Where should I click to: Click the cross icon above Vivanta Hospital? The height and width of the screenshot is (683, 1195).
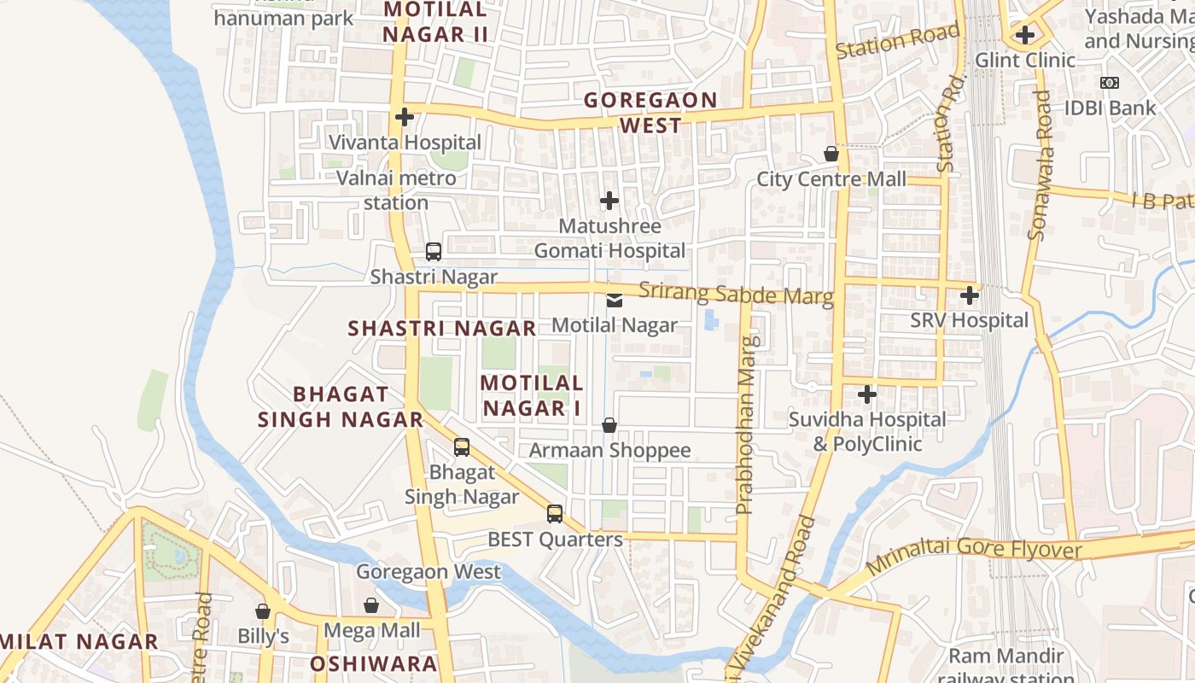pos(405,117)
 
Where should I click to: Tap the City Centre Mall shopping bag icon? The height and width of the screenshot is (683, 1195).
pos(831,154)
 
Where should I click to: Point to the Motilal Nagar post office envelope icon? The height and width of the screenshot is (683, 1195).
pos(614,300)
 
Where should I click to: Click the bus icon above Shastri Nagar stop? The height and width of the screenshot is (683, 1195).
pos(434,252)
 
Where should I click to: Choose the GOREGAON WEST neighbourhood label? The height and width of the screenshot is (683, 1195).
pos(650,113)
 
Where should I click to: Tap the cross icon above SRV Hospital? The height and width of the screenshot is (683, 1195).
pos(969,295)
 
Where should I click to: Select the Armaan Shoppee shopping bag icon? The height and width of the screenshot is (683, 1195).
pos(609,424)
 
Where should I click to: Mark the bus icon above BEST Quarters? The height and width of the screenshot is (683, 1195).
pos(555,513)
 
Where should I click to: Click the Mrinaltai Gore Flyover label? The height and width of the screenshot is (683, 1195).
pos(974,555)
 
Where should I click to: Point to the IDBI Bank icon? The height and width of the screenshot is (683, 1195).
pos(1109,83)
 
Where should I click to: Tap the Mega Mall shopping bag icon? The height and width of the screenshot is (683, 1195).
pos(371,605)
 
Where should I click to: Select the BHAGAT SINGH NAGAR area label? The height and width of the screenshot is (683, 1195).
pos(341,406)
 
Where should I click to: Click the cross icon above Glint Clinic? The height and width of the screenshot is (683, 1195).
pos(1025,35)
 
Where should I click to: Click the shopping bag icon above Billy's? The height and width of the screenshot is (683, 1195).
pos(263,611)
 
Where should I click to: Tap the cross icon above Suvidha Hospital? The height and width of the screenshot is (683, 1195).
pos(867,394)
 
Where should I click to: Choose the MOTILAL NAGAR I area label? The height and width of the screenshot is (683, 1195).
pos(532,395)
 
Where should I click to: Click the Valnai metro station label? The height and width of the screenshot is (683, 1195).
pos(396,190)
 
